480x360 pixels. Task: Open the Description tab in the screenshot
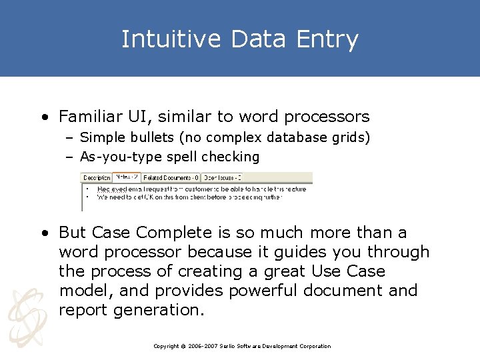[96, 177]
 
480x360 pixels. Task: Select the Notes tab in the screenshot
[125, 177]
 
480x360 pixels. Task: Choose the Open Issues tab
[221, 177]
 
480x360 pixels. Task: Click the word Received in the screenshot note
[111, 189]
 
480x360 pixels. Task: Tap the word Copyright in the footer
[166, 346]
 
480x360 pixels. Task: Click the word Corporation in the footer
[315, 346]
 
